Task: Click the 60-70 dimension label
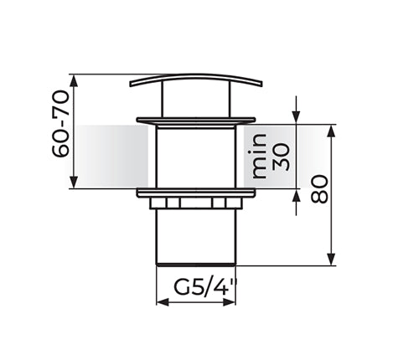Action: point(60,124)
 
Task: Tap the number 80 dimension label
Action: point(319,189)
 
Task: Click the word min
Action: point(259,156)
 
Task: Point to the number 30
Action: point(280,157)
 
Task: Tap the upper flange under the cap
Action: point(196,120)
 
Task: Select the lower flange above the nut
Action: point(196,193)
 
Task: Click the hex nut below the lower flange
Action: point(195,203)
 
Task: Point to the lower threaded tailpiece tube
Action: point(196,237)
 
